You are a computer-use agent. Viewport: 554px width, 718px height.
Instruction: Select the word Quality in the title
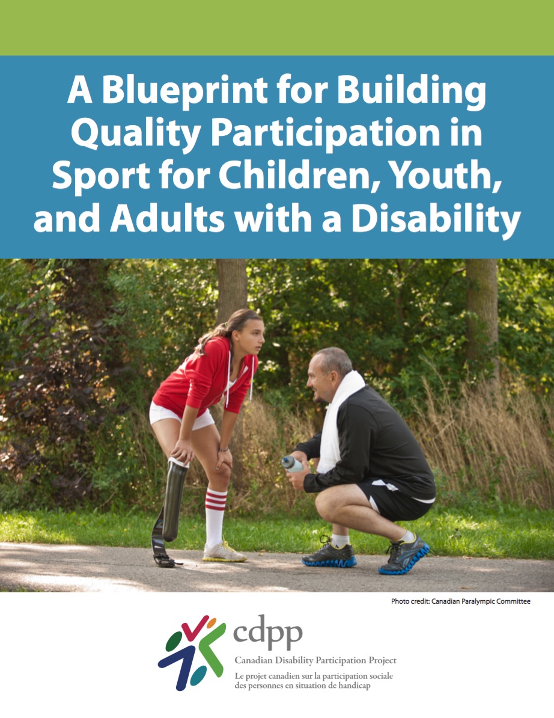pyautogui.click(x=135, y=133)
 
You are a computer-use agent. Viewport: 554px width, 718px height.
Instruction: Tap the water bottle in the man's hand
pyautogui.click(x=293, y=464)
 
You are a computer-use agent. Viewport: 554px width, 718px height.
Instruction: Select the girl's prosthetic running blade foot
pyautogui.click(x=165, y=545)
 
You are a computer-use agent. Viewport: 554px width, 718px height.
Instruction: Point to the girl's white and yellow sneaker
pyautogui.click(x=224, y=552)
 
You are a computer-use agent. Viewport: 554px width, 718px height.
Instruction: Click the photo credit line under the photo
pyautogui.click(x=461, y=601)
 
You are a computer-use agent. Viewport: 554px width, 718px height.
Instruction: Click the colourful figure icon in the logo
pyautogui.click(x=192, y=652)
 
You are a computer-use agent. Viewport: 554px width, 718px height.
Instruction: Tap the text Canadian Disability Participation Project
pyautogui.click(x=315, y=660)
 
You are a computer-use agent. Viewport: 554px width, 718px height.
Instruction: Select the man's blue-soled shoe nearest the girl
pyautogui.click(x=329, y=554)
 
